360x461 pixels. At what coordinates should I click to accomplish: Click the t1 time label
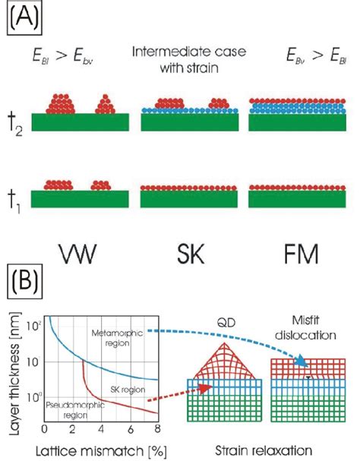(14, 198)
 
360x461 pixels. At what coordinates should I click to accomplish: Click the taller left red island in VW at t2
(61, 102)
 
